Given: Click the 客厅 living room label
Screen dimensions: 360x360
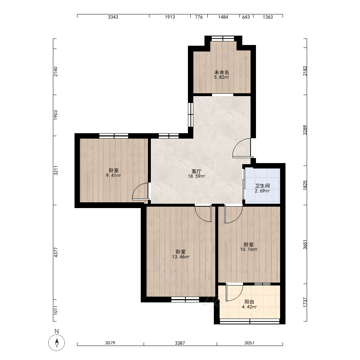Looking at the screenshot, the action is (197, 171).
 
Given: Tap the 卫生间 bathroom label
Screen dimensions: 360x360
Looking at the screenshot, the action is (262, 186).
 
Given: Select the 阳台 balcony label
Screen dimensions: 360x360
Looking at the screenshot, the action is (249, 302).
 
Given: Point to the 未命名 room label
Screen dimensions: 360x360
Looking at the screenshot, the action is (221, 72).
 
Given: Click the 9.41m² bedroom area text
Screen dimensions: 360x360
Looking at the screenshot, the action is (113, 176).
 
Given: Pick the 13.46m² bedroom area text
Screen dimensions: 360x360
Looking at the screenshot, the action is (181, 257).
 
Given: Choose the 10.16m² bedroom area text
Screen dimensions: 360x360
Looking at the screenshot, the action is (249, 249).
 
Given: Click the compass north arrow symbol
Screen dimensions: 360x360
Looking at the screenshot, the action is (57, 343).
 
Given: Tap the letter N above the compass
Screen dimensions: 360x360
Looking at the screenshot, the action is (57, 331).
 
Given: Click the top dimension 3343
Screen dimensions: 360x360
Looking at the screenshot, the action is (113, 17).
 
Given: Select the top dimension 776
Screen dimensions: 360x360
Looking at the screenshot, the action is (199, 17).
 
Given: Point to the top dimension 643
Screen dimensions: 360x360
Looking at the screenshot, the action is (246, 17).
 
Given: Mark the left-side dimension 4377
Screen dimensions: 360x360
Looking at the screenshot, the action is (56, 252).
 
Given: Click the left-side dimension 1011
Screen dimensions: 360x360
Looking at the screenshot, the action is (56, 310).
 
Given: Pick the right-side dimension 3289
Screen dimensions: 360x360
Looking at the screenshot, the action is (305, 130).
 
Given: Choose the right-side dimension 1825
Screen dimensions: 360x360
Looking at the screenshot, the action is (305, 185).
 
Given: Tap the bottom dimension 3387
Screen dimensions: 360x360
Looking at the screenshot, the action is (180, 343).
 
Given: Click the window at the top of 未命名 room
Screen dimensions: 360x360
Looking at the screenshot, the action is (223, 39).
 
